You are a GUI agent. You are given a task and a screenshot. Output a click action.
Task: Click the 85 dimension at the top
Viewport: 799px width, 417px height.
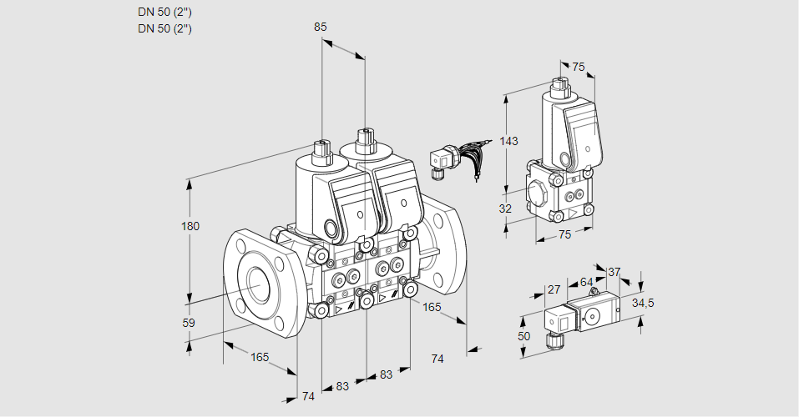point(320,27)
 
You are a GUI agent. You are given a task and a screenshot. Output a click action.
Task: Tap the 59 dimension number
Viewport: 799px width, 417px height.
point(189,323)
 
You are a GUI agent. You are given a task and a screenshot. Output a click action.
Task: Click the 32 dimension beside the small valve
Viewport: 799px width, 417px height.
point(505,208)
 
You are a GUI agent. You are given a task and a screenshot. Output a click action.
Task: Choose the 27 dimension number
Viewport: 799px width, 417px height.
point(554,289)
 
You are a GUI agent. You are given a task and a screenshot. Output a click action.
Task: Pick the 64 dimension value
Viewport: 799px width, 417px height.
point(586,283)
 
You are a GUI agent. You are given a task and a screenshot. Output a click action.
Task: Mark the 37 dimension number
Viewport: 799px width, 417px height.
point(614,272)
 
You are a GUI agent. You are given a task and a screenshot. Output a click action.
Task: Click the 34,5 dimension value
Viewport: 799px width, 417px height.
point(643,303)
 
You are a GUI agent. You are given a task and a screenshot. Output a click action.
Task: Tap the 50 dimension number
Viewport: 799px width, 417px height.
point(523,335)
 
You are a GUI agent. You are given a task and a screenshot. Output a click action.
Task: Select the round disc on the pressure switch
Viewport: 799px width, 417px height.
point(594,315)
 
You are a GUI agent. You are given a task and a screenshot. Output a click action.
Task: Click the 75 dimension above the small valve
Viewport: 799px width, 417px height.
point(579,68)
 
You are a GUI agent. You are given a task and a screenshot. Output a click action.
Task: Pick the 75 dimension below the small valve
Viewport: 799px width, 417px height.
point(564,234)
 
